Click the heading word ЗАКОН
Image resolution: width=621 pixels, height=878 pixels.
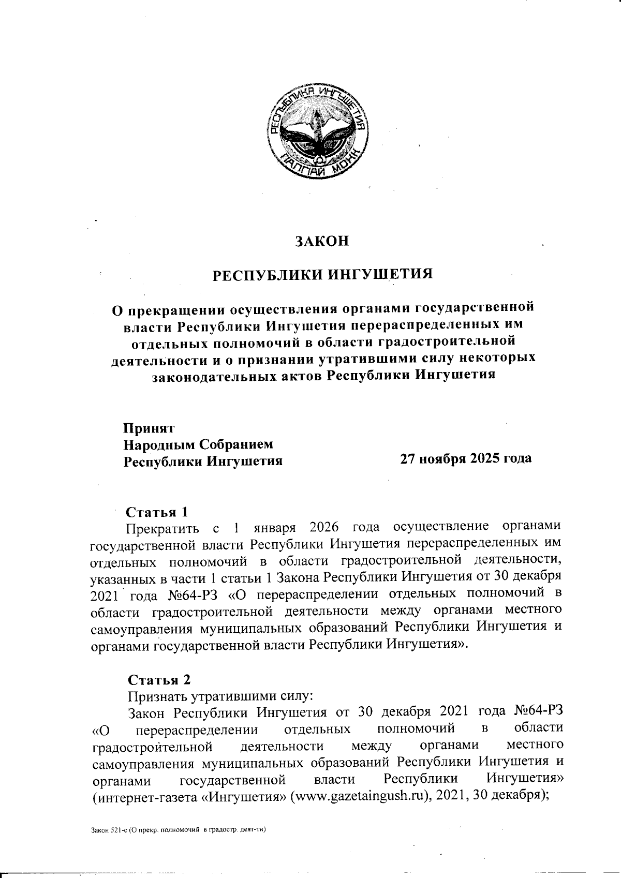(x=322, y=241)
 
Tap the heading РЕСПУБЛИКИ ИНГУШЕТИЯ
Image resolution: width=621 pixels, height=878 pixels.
(x=323, y=274)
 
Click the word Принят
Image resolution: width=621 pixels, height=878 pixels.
(x=149, y=428)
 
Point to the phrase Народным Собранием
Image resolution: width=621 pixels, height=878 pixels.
(x=197, y=444)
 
